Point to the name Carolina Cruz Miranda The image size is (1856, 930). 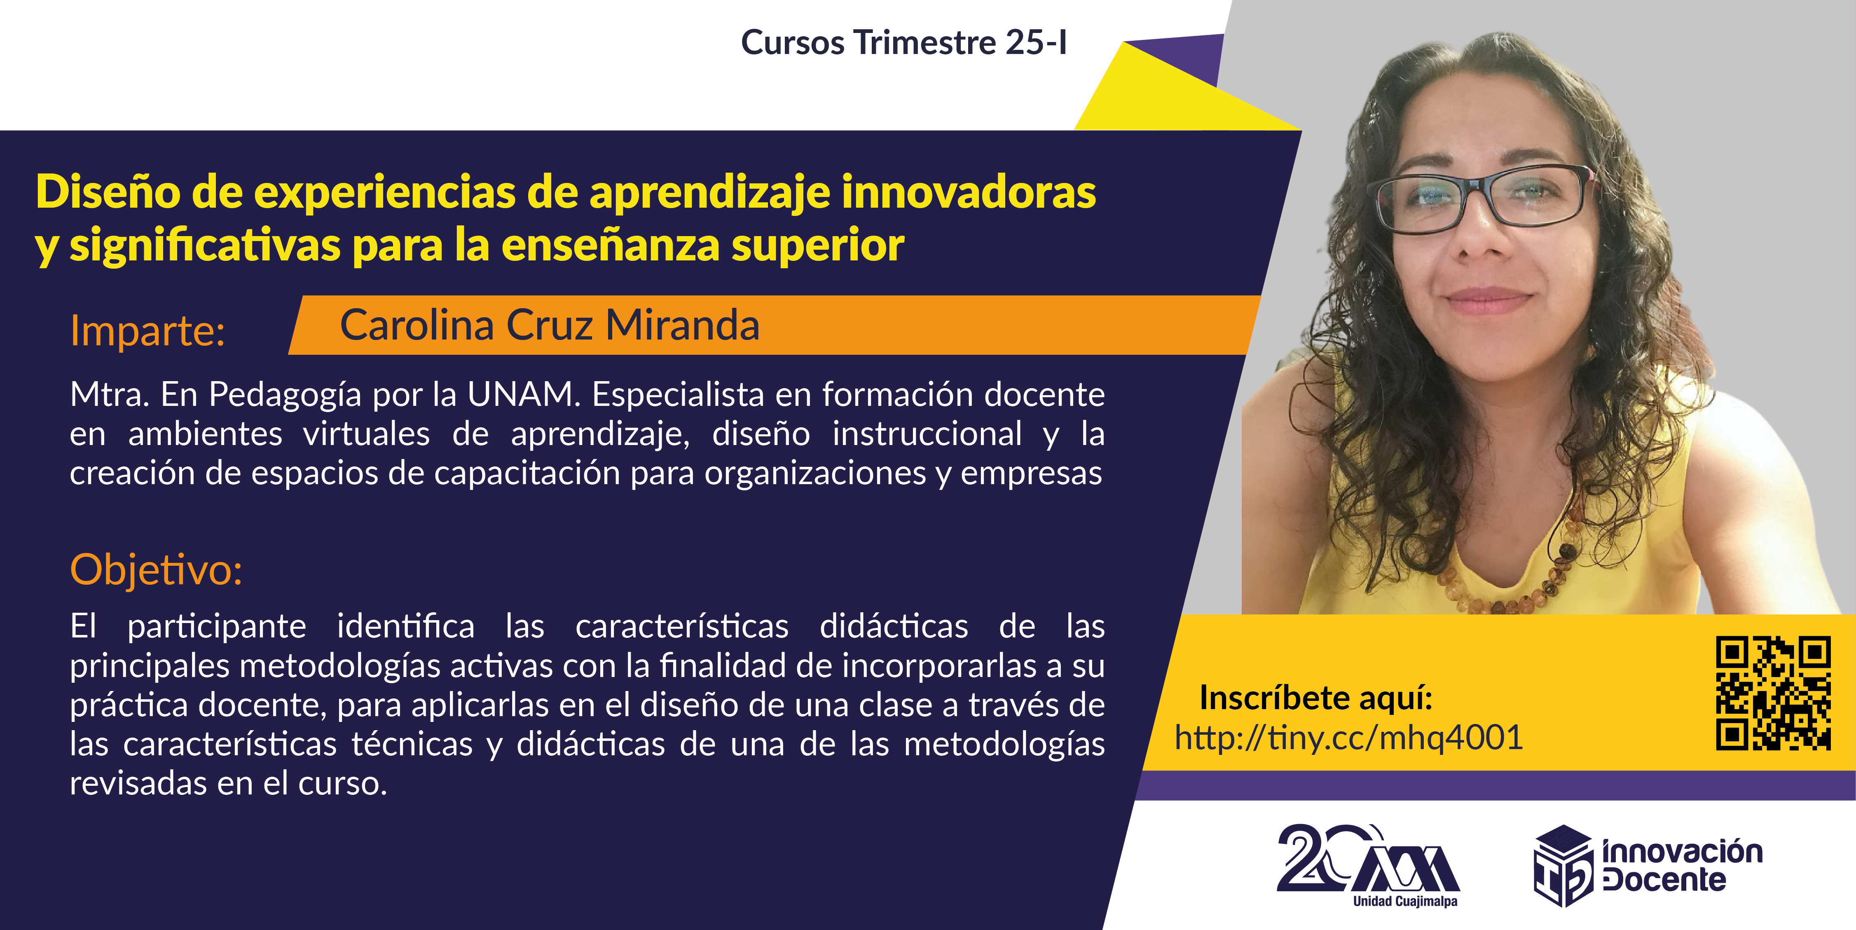click(550, 325)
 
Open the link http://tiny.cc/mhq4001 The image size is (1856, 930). click(1349, 738)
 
